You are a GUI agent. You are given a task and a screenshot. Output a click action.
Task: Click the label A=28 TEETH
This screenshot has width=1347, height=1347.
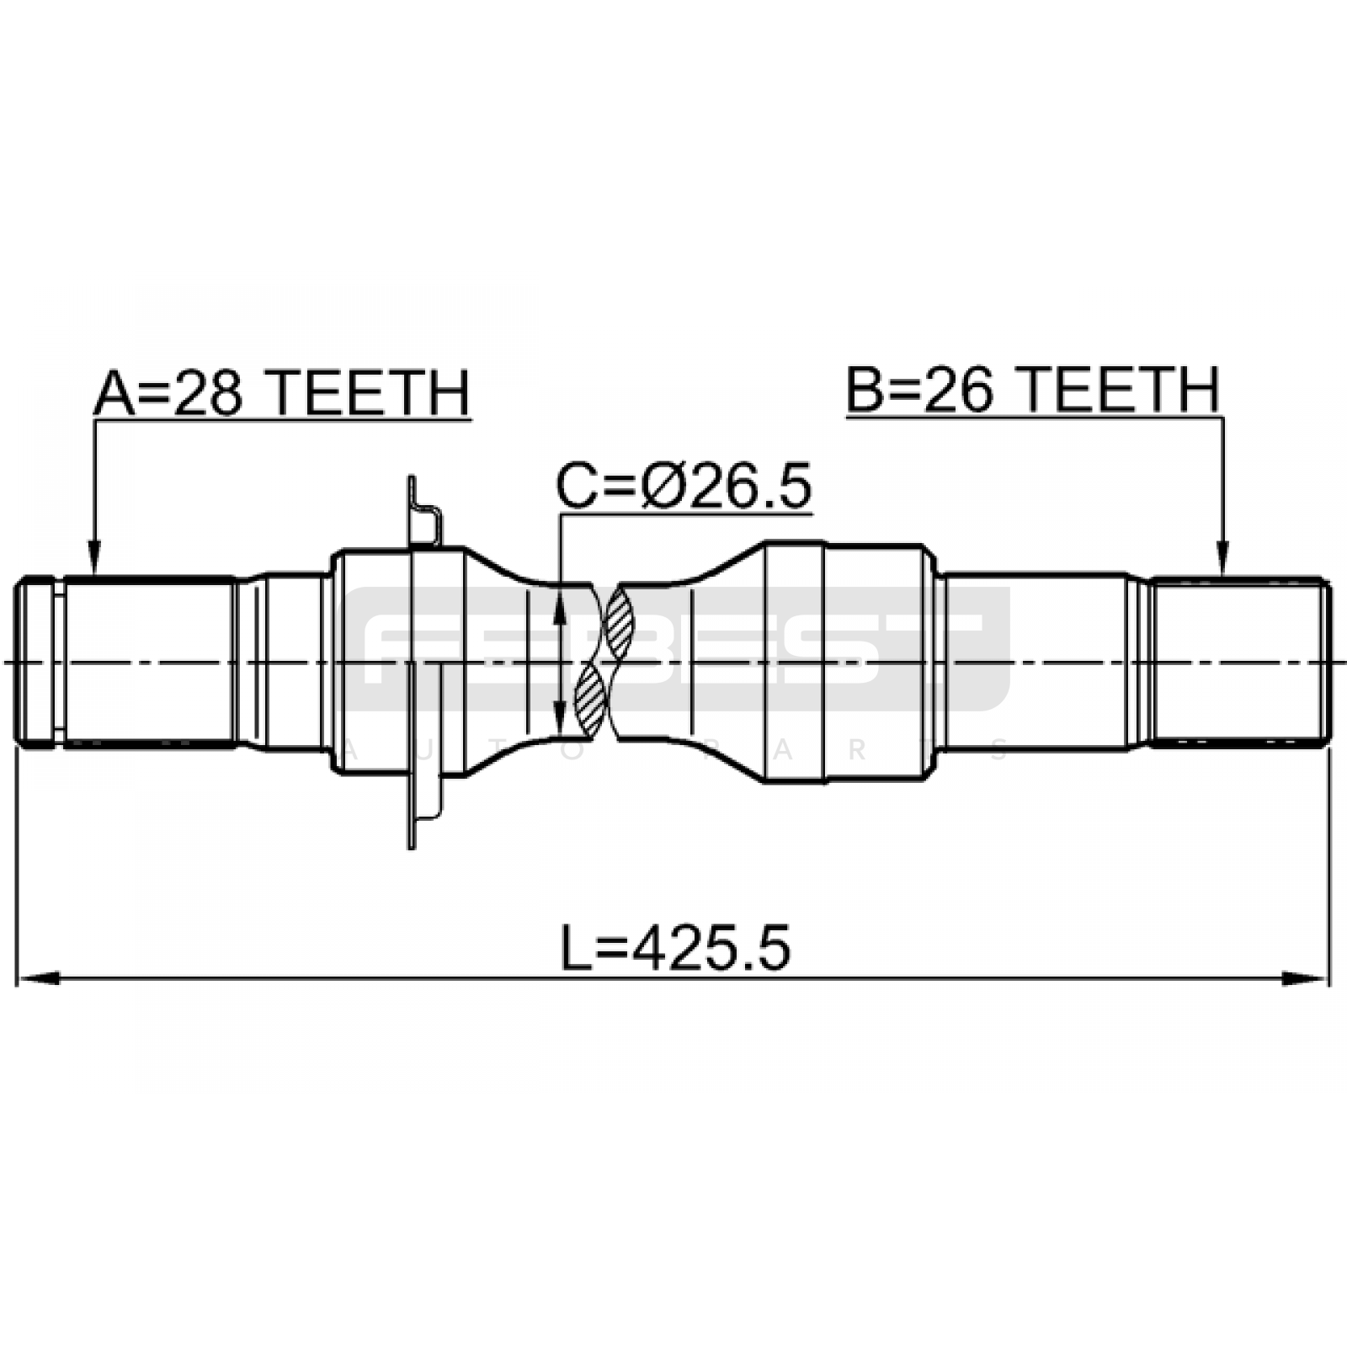[281, 393]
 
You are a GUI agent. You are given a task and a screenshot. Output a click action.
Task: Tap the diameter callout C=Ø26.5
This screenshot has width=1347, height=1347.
[684, 486]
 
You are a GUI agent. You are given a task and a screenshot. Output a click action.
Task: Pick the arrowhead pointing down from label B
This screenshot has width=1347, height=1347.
[1222, 559]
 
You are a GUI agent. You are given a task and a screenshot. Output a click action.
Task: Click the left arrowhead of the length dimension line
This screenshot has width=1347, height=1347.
[39, 978]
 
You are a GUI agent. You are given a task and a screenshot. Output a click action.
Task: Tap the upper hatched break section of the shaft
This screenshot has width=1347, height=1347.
[619, 623]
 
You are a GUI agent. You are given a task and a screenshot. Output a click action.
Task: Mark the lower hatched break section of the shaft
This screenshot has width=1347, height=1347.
[589, 698]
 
